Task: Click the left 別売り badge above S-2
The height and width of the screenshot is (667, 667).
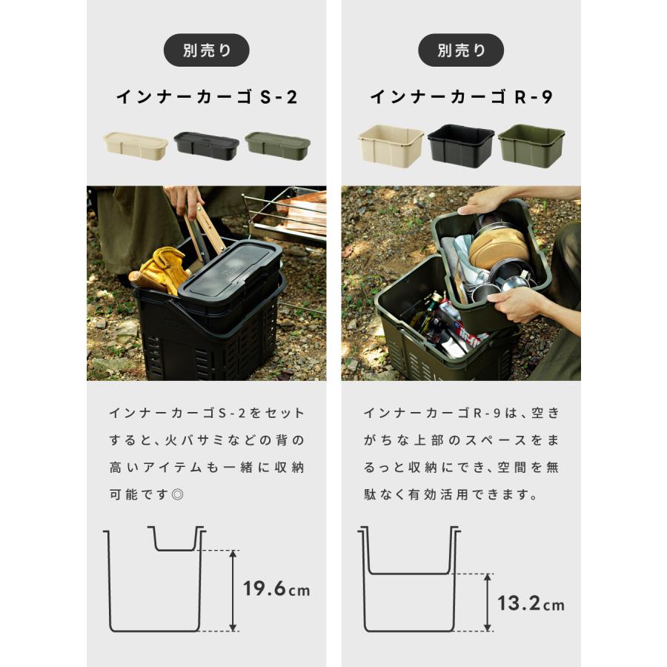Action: pyautogui.click(x=206, y=50)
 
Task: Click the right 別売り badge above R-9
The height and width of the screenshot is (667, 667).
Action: pyautogui.click(x=461, y=50)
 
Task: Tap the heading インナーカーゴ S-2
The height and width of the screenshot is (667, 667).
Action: pyautogui.click(x=206, y=97)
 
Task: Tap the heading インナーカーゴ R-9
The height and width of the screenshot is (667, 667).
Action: pyautogui.click(x=461, y=97)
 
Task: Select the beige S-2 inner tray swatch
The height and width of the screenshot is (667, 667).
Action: pyautogui.click(x=136, y=145)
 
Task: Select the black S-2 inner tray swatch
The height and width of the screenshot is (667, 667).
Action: pyautogui.click(x=206, y=145)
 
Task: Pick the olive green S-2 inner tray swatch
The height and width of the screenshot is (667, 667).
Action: pyautogui.click(x=277, y=145)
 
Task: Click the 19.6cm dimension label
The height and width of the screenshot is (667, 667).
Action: pyautogui.click(x=276, y=590)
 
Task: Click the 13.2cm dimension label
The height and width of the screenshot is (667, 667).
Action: pyautogui.click(x=531, y=604)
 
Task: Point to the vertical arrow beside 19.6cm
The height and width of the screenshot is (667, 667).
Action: pyautogui.click(x=233, y=590)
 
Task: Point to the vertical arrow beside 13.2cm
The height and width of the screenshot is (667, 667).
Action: pyautogui.click(x=488, y=602)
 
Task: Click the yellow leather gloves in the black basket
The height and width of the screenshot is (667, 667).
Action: pyautogui.click(x=165, y=270)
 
